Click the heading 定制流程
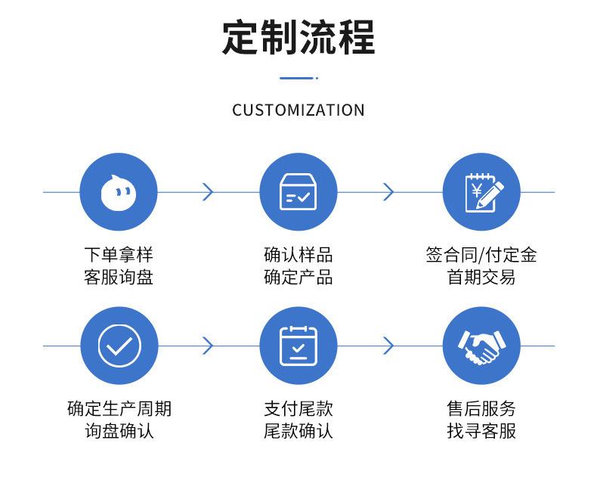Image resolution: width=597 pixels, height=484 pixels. pos(298,37)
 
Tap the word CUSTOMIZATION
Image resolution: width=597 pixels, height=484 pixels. pos(298,110)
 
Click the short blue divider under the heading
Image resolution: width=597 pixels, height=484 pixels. pos(298,78)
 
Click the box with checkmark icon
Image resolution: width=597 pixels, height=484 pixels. pos(298,191)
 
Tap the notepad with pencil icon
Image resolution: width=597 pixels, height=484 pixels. pos(483,192)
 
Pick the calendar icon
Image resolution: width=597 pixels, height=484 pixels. pos(298,346)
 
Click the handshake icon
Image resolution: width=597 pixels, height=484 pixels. pos(481,347)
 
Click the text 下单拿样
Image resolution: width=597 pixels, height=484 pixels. pos(119,255)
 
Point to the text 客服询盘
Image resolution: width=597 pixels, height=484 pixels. pos(119,277)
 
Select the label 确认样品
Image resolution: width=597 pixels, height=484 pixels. pos(298,255)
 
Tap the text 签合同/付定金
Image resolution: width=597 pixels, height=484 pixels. pos(481,255)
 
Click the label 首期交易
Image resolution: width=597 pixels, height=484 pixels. pos(481,277)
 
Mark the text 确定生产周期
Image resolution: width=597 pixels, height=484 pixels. pos(119,408)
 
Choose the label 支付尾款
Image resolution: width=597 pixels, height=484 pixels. pos(298,408)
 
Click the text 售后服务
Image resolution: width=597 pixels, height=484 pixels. pos(481,408)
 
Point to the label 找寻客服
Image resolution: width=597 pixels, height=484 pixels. pos(481,431)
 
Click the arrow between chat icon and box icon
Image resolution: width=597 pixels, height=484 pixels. pos(209,191)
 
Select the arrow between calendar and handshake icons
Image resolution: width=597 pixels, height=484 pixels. pos(388,346)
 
